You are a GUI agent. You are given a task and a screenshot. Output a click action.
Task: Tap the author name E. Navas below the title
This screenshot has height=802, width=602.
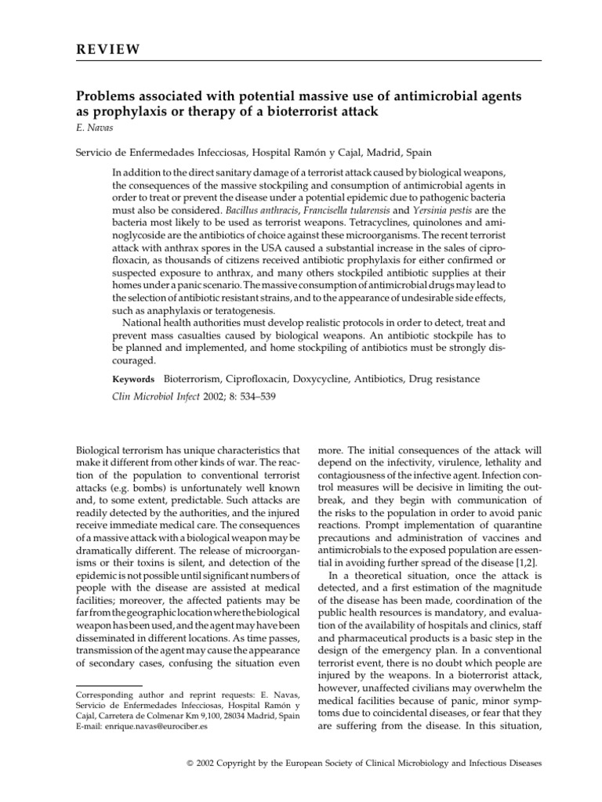93,128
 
